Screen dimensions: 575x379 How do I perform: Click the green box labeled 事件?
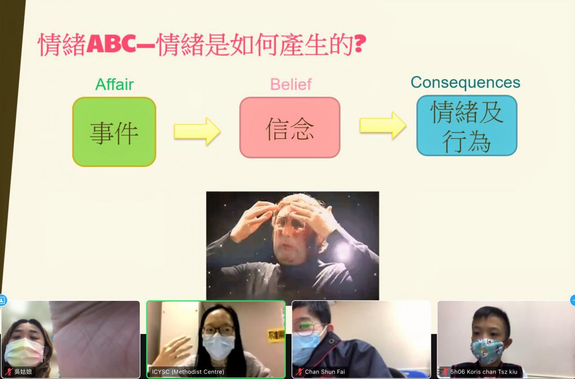114,132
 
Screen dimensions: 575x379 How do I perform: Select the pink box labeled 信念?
290,127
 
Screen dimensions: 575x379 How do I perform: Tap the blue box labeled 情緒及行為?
467,125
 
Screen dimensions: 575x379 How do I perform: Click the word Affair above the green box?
115,84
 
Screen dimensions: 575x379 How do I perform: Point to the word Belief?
291,84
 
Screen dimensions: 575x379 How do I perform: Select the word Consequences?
465,82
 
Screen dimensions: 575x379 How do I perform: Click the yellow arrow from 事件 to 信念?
197,131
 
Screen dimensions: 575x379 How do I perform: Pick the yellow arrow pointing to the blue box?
383,125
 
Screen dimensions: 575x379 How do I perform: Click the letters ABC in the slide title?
111,44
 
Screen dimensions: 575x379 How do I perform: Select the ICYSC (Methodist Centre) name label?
188,371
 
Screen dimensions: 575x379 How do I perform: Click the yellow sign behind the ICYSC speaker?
276,335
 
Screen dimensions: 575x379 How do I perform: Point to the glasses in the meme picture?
289,223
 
